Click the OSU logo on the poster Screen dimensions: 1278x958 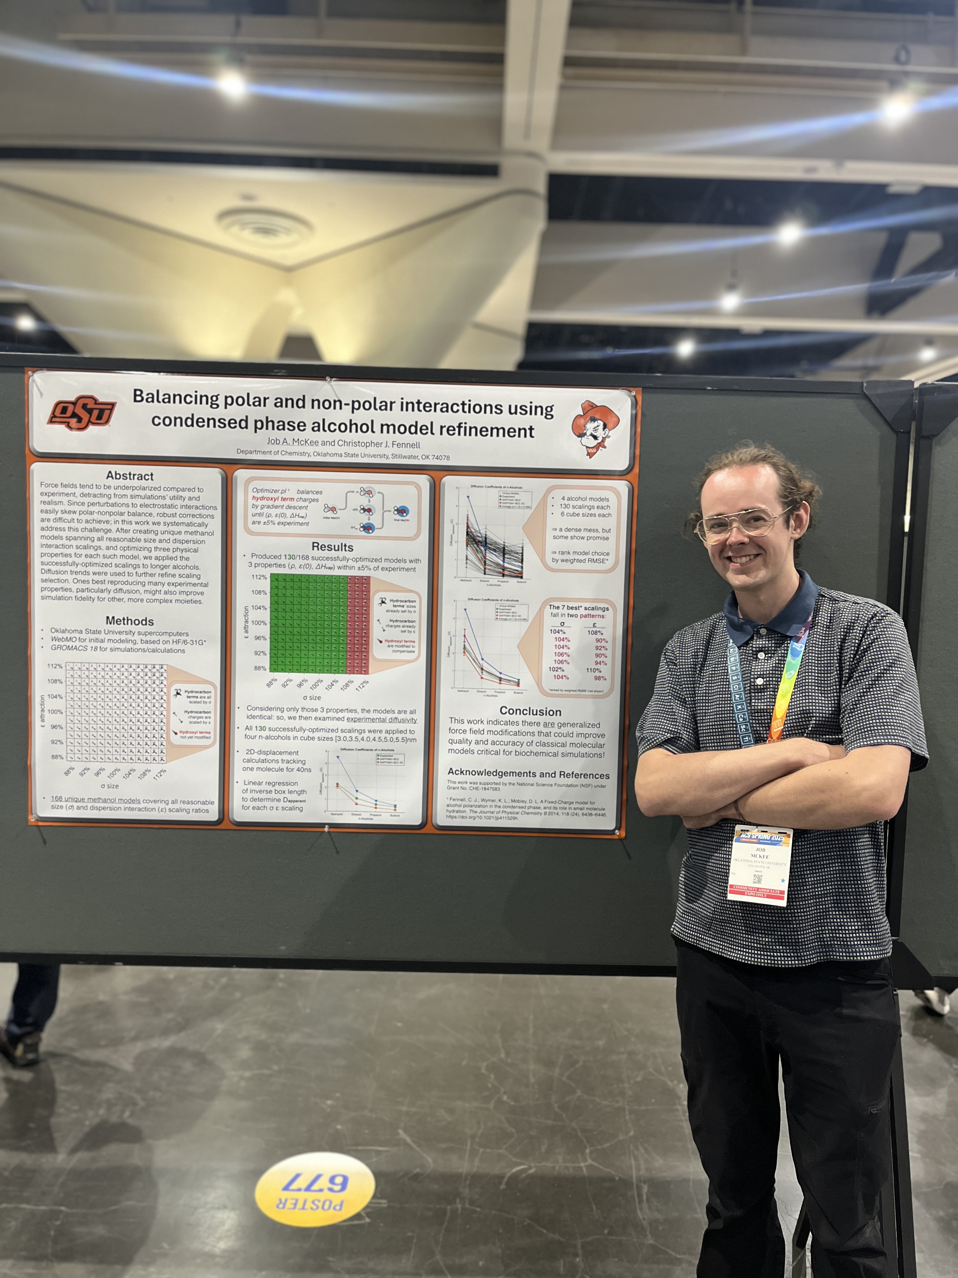pyautogui.click(x=82, y=412)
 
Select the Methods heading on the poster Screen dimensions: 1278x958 pyautogui.click(x=130, y=621)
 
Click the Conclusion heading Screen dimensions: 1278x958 pyautogui.click(x=530, y=711)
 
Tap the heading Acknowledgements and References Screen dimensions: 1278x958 pyautogui.click(x=528, y=775)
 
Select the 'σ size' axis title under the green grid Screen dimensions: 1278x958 pyautogui.click(x=312, y=697)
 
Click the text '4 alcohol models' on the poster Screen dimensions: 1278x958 pyautogui.click(x=584, y=499)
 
